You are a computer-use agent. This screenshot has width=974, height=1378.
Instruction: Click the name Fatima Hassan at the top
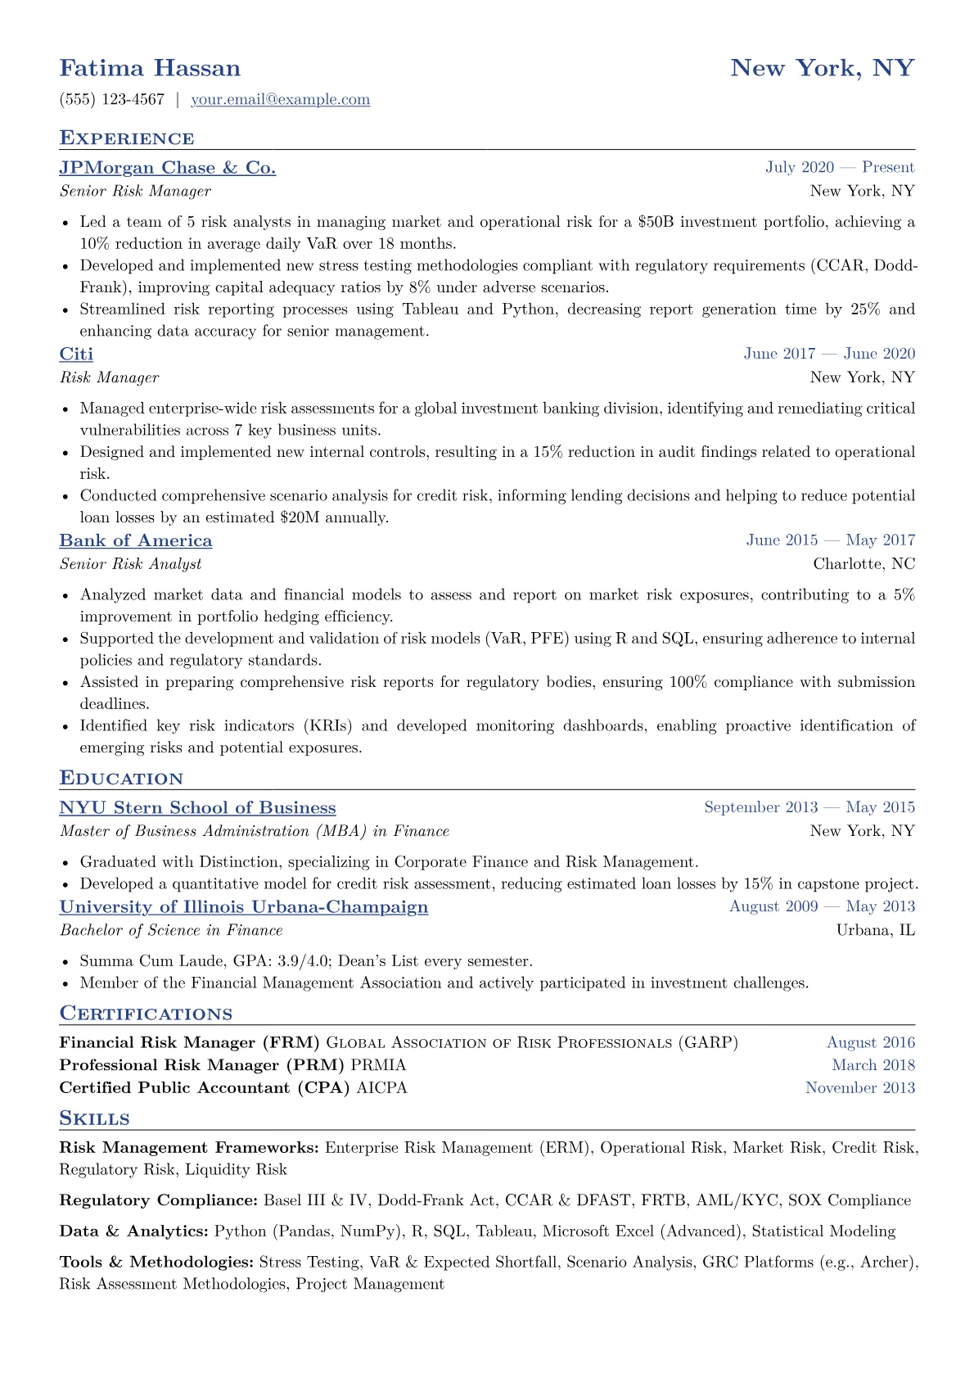click(150, 68)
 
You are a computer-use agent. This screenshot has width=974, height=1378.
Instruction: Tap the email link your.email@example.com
click(280, 100)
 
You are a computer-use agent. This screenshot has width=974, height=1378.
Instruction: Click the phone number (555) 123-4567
click(112, 100)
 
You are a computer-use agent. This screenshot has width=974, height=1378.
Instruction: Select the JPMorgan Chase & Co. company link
click(167, 168)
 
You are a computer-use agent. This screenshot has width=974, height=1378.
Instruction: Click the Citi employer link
click(76, 354)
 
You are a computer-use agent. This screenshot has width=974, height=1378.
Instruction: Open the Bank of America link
click(136, 540)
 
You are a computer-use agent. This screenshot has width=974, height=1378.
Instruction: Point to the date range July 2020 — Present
click(840, 168)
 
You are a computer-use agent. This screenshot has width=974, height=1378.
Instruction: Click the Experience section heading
click(127, 138)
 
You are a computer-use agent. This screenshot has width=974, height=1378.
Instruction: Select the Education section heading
click(121, 779)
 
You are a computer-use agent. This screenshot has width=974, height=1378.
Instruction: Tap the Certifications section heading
click(146, 1014)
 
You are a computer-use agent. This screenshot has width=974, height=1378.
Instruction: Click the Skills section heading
click(94, 1118)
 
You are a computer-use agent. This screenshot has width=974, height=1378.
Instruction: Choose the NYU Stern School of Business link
click(197, 808)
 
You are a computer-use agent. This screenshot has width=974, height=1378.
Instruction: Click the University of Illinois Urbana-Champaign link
click(244, 907)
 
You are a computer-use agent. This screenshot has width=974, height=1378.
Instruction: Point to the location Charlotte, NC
click(864, 564)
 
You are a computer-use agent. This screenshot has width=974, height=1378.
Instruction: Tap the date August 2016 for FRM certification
click(870, 1043)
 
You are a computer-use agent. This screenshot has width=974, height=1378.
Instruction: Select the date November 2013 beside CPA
click(859, 1088)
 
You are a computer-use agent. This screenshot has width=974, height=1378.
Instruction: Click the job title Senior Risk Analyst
click(130, 564)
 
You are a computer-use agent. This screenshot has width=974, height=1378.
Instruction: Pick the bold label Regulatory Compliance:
click(159, 1201)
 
